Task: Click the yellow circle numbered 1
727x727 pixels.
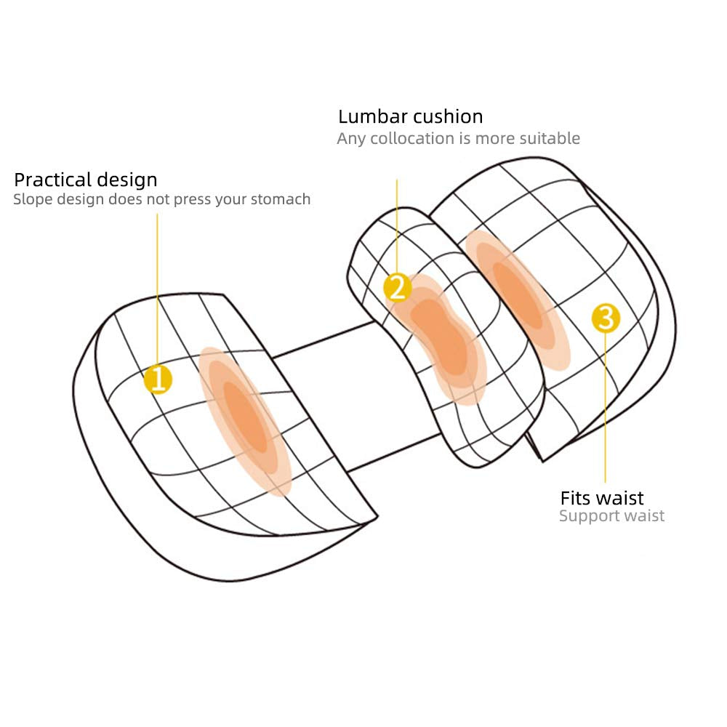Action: tap(158, 379)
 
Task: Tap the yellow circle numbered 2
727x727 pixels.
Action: tap(397, 289)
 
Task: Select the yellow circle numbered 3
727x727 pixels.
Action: tap(606, 318)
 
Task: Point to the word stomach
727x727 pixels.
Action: tap(281, 199)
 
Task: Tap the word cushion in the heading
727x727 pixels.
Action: tap(448, 116)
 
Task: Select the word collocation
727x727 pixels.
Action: tap(413, 138)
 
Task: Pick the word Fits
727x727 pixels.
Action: tap(576, 498)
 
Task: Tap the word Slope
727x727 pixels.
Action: tap(31, 199)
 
